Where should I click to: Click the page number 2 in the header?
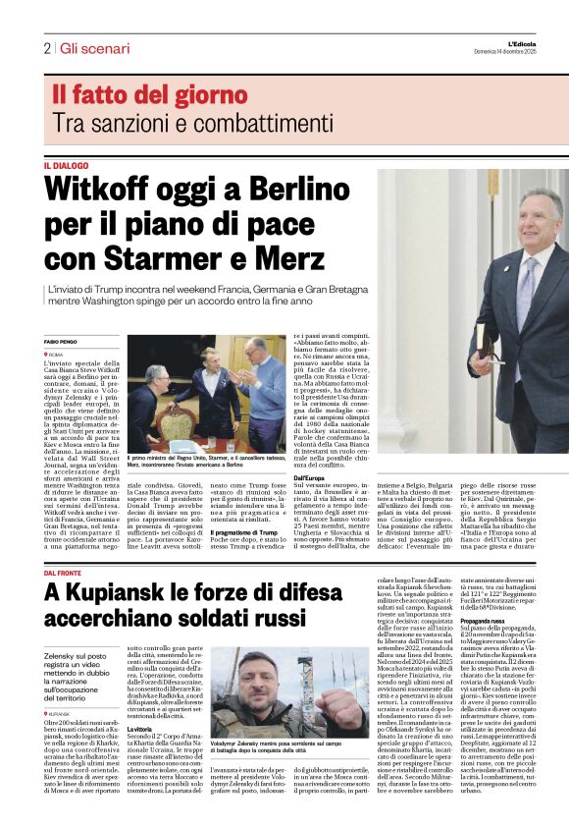pyautogui.click(x=46, y=48)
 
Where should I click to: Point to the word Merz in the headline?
pyautogui.click(x=288, y=259)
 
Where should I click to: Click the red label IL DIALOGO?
pyautogui.click(x=66, y=166)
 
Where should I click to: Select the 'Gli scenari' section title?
pyautogui.click(x=94, y=48)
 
